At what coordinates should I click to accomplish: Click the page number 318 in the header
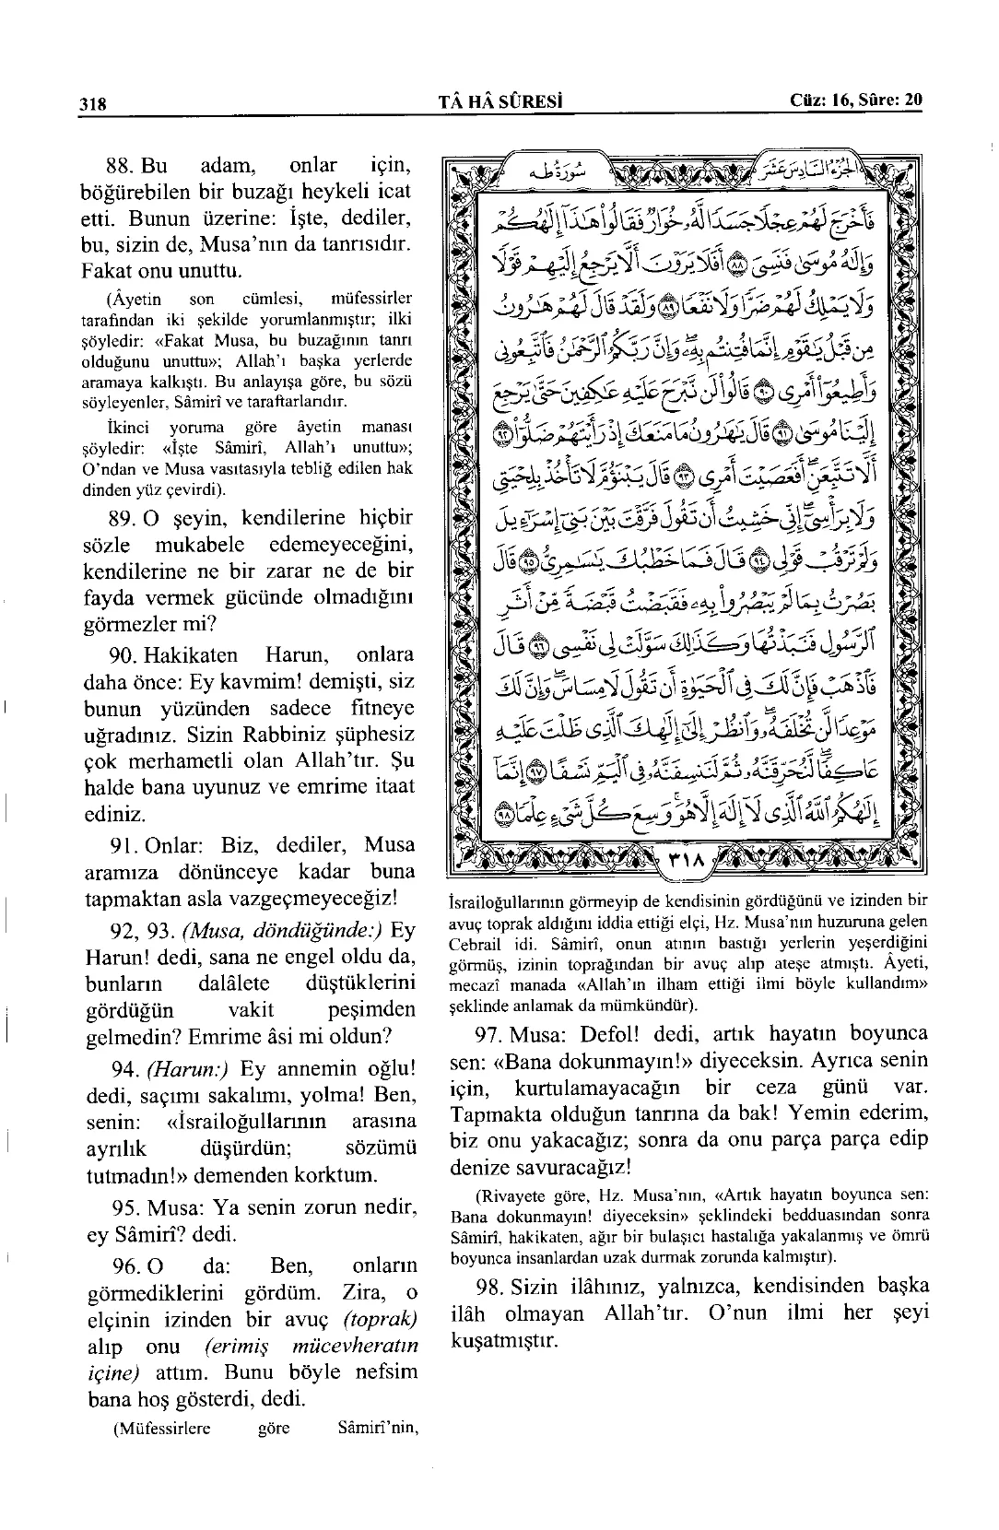pyautogui.click(x=93, y=103)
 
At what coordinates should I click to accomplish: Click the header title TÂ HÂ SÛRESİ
pyautogui.click(x=501, y=100)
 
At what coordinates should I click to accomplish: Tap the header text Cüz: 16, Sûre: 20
pyautogui.click(x=856, y=100)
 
